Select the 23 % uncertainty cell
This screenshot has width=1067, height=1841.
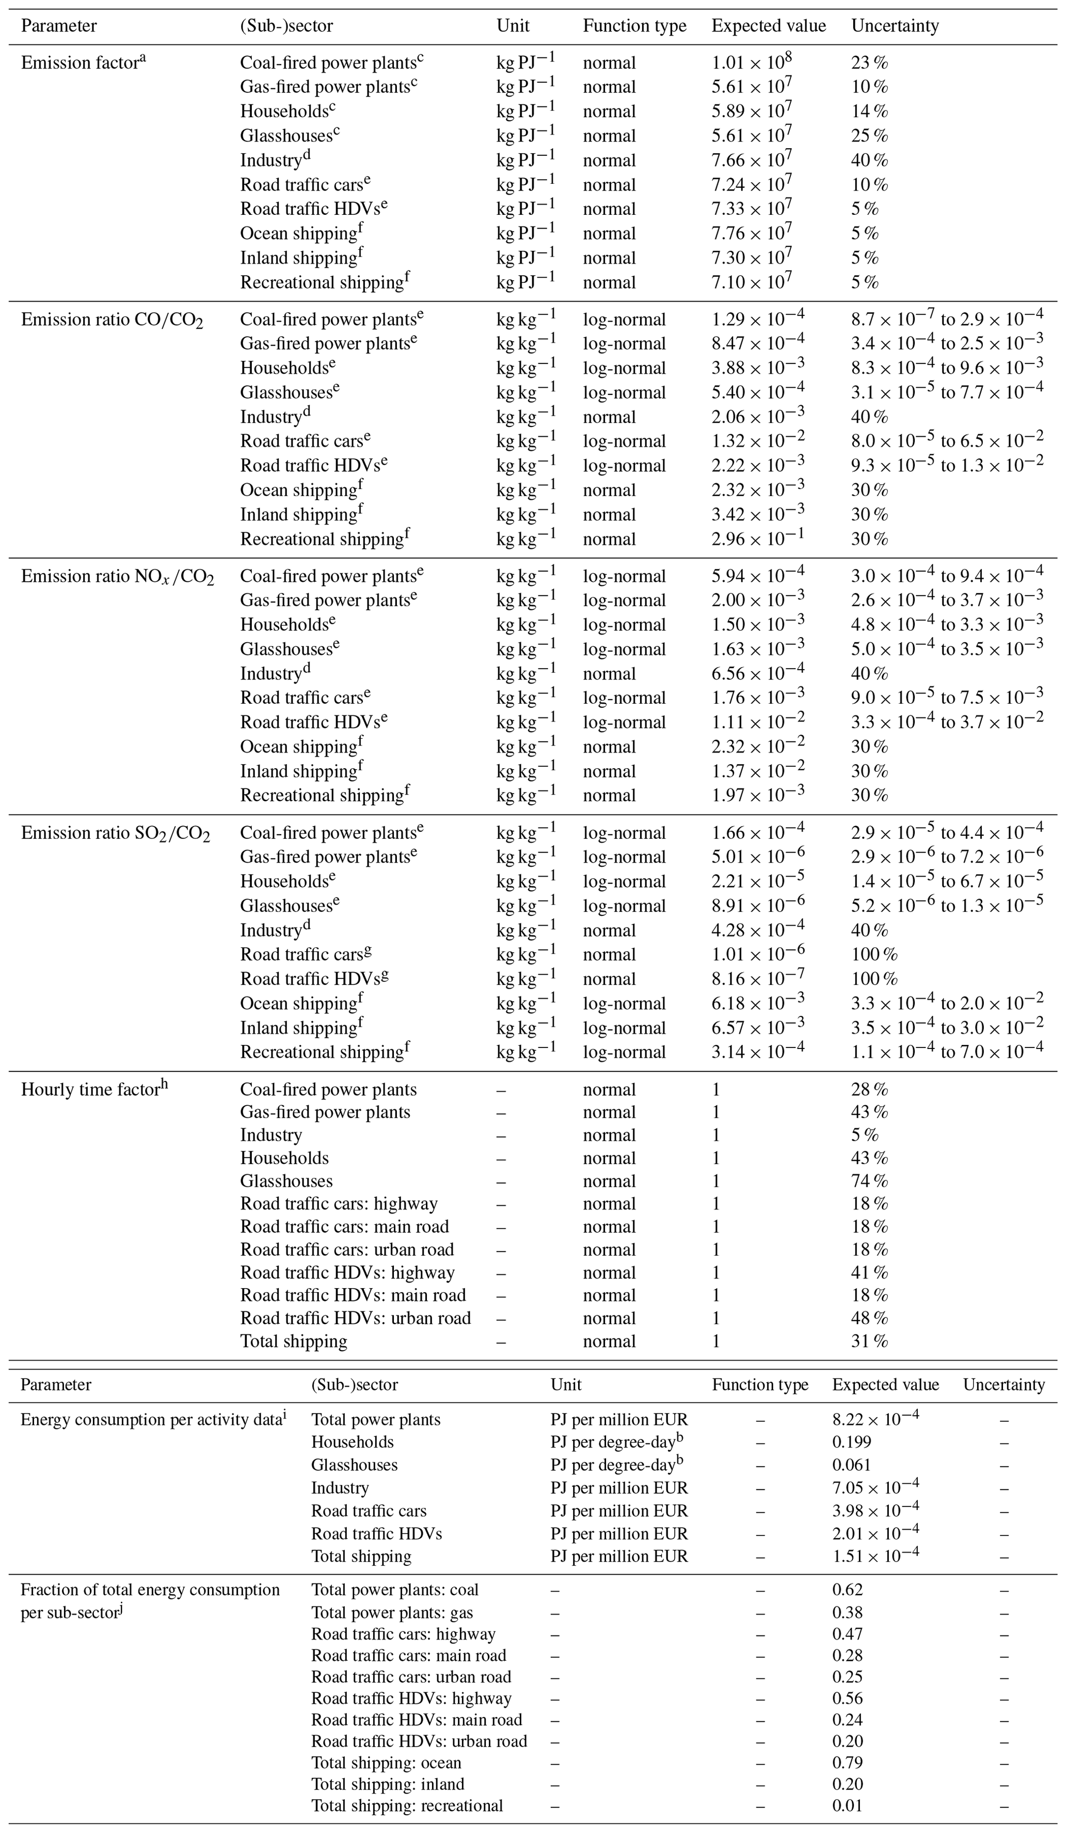point(869,63)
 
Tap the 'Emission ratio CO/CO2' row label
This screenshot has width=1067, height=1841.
point(112,320)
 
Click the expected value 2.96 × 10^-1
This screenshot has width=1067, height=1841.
point(757,538)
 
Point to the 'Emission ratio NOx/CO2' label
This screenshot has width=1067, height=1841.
point(117,576)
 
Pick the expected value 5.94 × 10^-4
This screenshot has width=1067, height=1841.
point(757,576)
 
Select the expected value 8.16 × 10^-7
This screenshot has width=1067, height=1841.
point(757,978)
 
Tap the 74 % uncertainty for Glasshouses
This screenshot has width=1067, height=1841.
point(869,1181)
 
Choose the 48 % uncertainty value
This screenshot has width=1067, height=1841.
point(869,1318)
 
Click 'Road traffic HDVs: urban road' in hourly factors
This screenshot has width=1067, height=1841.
point(355,1318)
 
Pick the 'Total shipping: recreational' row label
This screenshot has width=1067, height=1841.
point(407,1805)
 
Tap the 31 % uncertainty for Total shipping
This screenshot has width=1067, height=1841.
point(869,1341)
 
